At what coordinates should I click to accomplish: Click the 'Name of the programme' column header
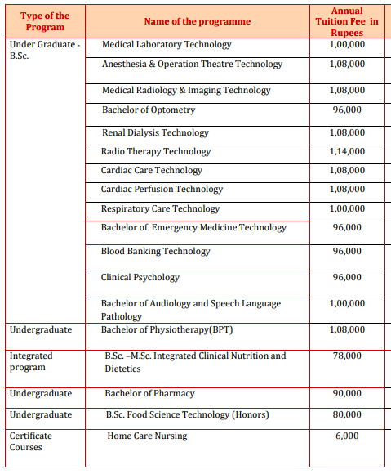tap(198, 21)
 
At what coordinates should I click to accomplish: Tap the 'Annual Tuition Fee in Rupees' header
tap(347, 21)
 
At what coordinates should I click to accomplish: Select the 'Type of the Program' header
tap(45, 21)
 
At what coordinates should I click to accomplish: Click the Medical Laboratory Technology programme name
tap(167, 45)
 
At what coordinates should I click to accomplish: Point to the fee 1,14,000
tap(347, 151)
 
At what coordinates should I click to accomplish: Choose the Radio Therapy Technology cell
tap(156, 151)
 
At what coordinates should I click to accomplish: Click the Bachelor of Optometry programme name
tap(149, 110)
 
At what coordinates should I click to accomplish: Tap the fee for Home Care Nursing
tap(347, 436)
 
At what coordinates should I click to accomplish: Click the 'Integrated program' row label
tap(31, 361)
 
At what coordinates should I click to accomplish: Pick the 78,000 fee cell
tap(347, 356)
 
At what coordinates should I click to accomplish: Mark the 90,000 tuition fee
tap(347, 394)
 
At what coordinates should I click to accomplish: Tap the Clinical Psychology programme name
tap(140, 277)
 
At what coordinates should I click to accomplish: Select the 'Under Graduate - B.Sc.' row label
tap(45, 51)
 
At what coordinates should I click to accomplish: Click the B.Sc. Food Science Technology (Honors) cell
tap(187, 415)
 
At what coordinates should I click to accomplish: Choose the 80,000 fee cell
tap(347, 415)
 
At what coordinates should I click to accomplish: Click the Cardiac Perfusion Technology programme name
tap(162, 190)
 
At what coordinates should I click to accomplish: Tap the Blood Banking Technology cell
tap(155, 252)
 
